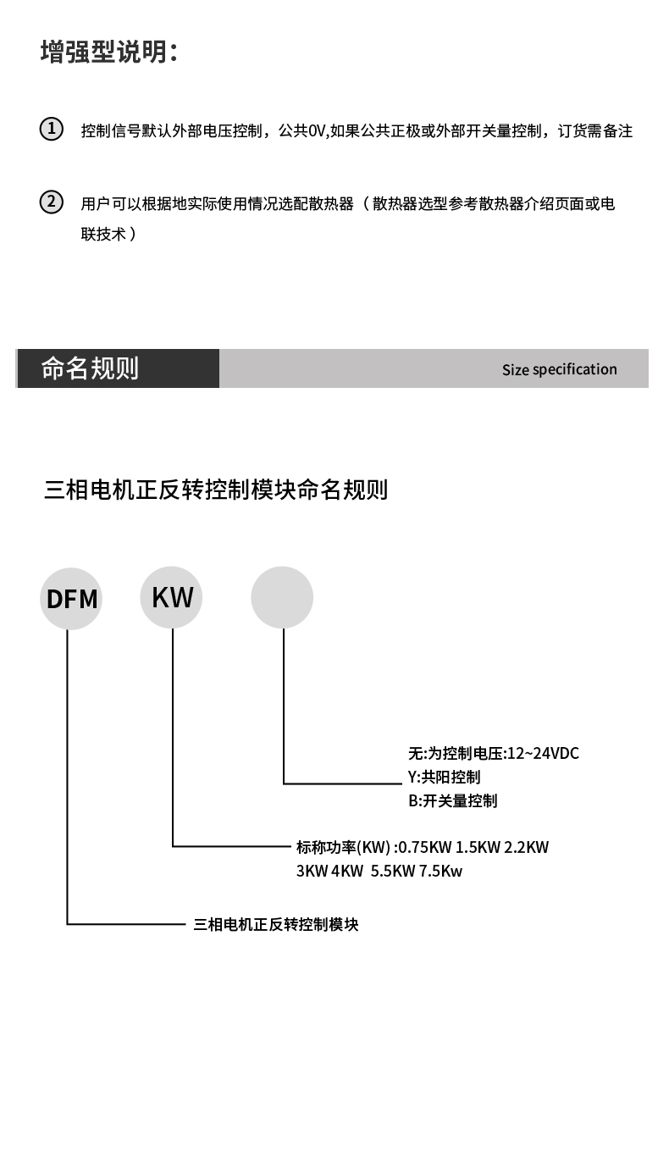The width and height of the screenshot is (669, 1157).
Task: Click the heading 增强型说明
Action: point(108,53)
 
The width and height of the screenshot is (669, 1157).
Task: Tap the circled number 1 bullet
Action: point(52,129)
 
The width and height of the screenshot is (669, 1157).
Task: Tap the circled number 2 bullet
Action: point(52,202)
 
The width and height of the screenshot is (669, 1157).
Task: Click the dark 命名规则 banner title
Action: point(90,368)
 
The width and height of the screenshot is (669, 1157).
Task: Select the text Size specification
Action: point(560,369)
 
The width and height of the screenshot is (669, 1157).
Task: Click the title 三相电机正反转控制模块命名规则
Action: point(216,490)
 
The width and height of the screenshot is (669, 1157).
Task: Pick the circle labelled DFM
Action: point(71,599)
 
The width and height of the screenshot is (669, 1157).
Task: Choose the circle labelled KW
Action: point(171,598)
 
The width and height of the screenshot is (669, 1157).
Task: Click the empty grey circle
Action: point(282,598)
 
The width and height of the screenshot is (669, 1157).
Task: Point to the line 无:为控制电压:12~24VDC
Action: point(494,754)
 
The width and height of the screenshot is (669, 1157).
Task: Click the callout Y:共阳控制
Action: point(445,778)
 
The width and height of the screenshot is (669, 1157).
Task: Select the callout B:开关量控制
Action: point(452,801)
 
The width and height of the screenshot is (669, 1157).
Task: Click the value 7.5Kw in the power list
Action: point(440,872)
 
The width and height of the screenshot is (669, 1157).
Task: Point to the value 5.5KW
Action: point(393,872)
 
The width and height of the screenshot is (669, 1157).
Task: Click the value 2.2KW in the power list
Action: point(527,848)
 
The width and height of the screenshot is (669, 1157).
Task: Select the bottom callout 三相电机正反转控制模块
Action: point(276,925)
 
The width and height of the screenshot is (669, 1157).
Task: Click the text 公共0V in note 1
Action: point(301,131)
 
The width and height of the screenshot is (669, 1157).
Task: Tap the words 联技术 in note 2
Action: point(103,234)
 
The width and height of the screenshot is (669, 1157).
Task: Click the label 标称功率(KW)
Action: point(343,848)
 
